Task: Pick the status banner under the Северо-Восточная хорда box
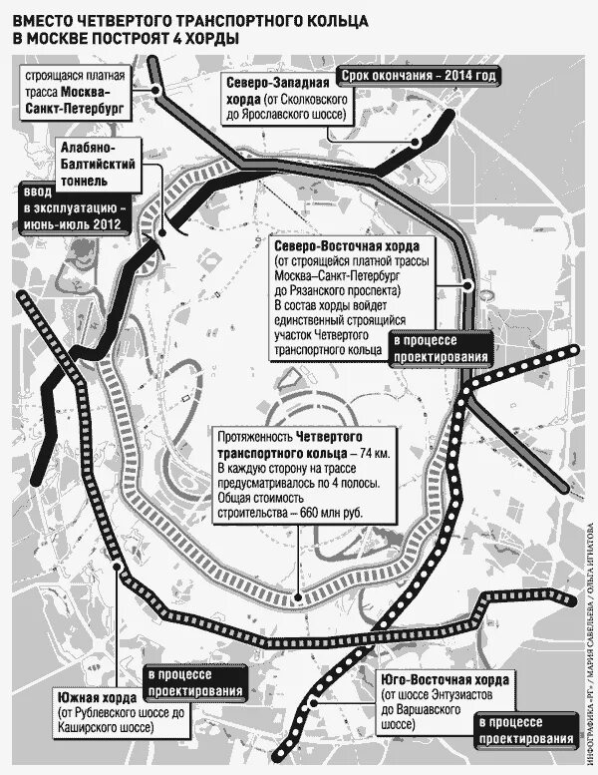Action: (x=440, y=349)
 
